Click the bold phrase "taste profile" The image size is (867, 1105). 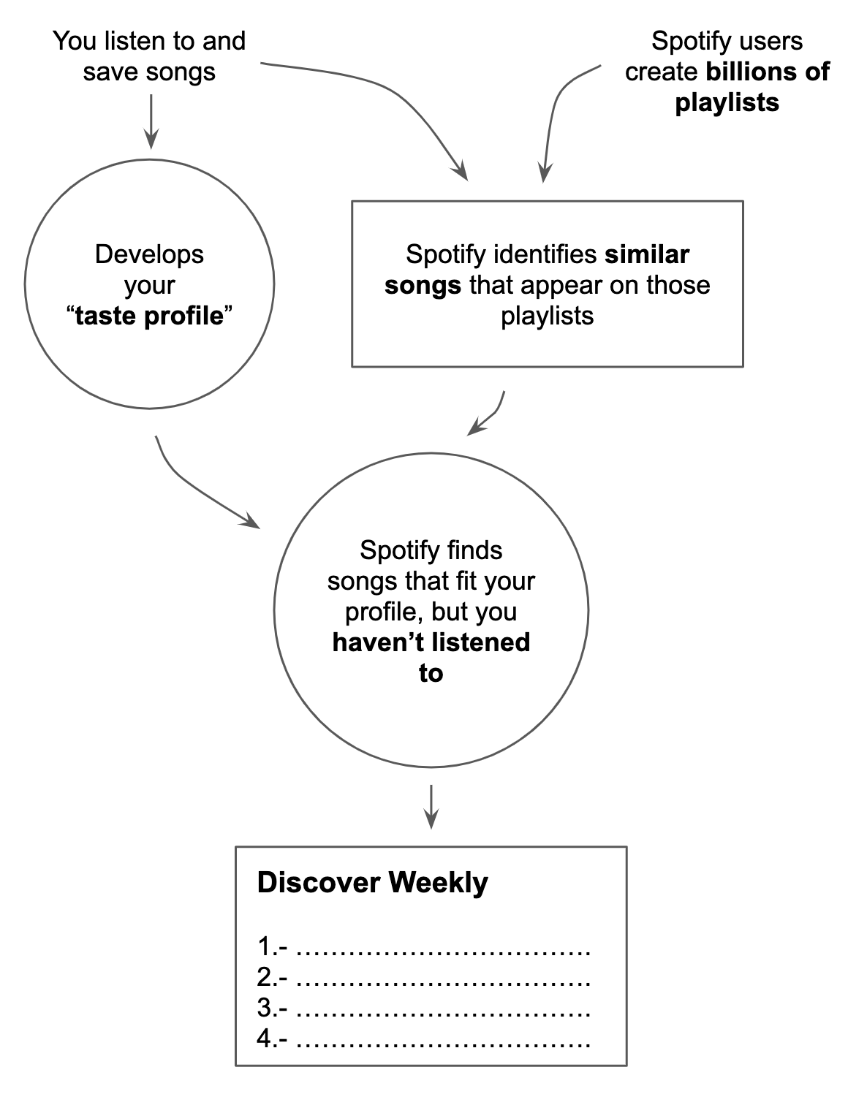pyautogui.click(x=149, y=316)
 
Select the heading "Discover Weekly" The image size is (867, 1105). pyautogui.click(x=372, y=883)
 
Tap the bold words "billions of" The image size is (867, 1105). pyautogui.click(x=768, y=72)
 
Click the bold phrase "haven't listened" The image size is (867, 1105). pyautogui.click(x=431, y=642)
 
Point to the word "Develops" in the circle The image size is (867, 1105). pyautogui.click(x=149, y=254)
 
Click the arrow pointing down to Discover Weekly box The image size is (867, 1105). pyautogui.click(x=431, y=807)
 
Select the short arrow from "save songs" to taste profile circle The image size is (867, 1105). pyautogui.click(x=150, y=121)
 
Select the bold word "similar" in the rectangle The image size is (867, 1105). pyautogui.click(x=646, y=254)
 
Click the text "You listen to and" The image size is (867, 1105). pyautogui.click(x=149, y=41)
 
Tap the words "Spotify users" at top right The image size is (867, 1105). pyautogui.click(x=727, y=41)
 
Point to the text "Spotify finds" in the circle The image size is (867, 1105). pyautogui.click(x=431, y=550)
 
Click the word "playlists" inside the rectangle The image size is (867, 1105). pyautogui.click(x=547, y=316)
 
